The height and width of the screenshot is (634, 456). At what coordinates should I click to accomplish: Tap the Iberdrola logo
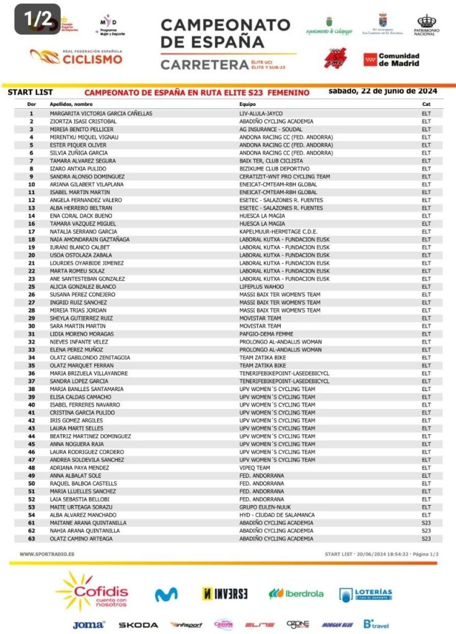pos(296,593)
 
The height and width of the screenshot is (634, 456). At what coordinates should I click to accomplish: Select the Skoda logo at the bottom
pos(138,625)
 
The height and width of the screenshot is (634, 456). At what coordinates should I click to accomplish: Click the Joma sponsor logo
pos(89,625)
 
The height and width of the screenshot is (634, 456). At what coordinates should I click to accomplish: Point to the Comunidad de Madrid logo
pos(392,59)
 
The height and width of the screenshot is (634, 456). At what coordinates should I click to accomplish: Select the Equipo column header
pos(247,105)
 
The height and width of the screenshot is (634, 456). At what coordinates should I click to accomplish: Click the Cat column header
pos(426,105)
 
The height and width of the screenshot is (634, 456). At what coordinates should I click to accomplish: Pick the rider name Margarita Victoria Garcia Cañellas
pos(100,113)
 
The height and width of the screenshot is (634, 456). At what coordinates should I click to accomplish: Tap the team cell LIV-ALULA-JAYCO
pos(263,113)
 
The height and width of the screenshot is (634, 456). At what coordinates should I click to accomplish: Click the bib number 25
pos(32,287)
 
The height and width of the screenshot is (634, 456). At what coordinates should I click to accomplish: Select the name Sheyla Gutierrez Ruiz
pos(82,318)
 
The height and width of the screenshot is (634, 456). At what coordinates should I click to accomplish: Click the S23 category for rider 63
pos(426,539)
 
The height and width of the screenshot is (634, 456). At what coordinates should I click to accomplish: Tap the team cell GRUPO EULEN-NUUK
pos(266,507)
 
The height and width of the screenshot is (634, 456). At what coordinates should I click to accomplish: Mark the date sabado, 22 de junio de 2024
pos(382,91)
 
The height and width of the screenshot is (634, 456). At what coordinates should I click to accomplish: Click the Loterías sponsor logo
pos(366,594)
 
